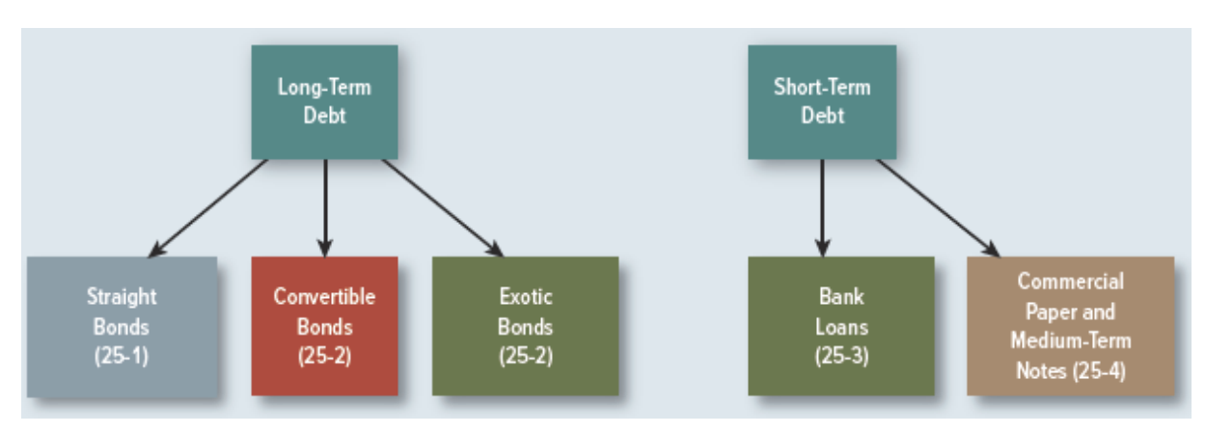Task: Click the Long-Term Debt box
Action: [324, 101]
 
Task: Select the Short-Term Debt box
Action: [821, 101]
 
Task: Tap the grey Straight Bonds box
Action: [122, 326]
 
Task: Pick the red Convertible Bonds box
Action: [324, 326]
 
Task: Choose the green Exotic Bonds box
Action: [525, 326]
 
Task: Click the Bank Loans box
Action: [840, 326]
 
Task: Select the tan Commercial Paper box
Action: [1070, 326]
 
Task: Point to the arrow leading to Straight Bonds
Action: [207, 207]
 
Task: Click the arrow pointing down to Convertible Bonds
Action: [325, 207]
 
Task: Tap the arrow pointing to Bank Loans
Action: [821, 207]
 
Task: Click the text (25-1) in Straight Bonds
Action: [122, 356]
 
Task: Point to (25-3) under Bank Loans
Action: [841, 356]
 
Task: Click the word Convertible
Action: [324, 296]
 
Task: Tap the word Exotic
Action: [526, 296]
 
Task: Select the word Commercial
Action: [1071, 282]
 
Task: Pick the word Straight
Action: [122, 296]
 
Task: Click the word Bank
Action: [841, 296]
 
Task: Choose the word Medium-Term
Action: [1071, 340]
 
